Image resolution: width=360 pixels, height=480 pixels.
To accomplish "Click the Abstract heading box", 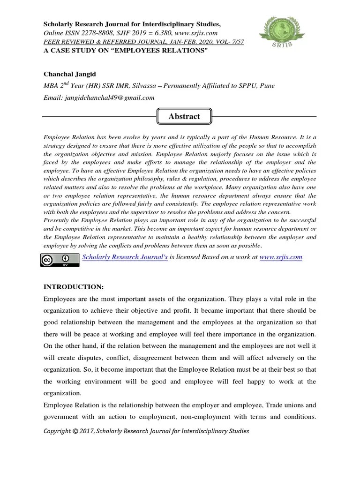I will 184,116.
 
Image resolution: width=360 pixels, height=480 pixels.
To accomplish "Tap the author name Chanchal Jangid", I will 71,74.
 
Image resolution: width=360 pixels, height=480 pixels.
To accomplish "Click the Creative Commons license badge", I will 60,260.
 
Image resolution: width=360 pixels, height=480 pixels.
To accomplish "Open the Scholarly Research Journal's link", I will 125,257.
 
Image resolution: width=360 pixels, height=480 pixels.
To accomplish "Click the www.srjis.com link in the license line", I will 280,257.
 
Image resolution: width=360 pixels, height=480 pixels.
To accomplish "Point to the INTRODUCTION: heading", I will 73,286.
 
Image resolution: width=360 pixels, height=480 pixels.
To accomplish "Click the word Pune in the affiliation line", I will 266,86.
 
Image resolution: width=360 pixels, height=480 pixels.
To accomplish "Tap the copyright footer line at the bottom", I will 146,431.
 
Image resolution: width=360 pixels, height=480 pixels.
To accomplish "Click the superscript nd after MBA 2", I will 68,83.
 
